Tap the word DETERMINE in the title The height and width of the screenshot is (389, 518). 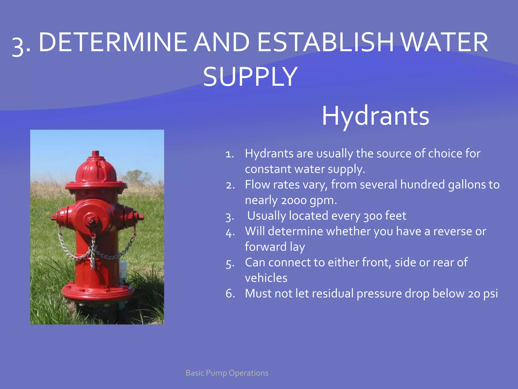(x=113, y=42)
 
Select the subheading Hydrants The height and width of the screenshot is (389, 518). (x=375, y=116)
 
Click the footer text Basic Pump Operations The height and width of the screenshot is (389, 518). (x=227, y=373)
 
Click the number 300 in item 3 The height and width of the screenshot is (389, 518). (x=372, y=216)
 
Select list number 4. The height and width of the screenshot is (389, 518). (x=230, y=232)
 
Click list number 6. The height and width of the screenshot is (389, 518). (x=230, y=294)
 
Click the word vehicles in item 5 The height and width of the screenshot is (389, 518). (x=266, y=278)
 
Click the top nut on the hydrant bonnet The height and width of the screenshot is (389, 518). (x=95, y=153)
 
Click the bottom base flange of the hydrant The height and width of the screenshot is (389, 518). (x=97, y=294)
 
